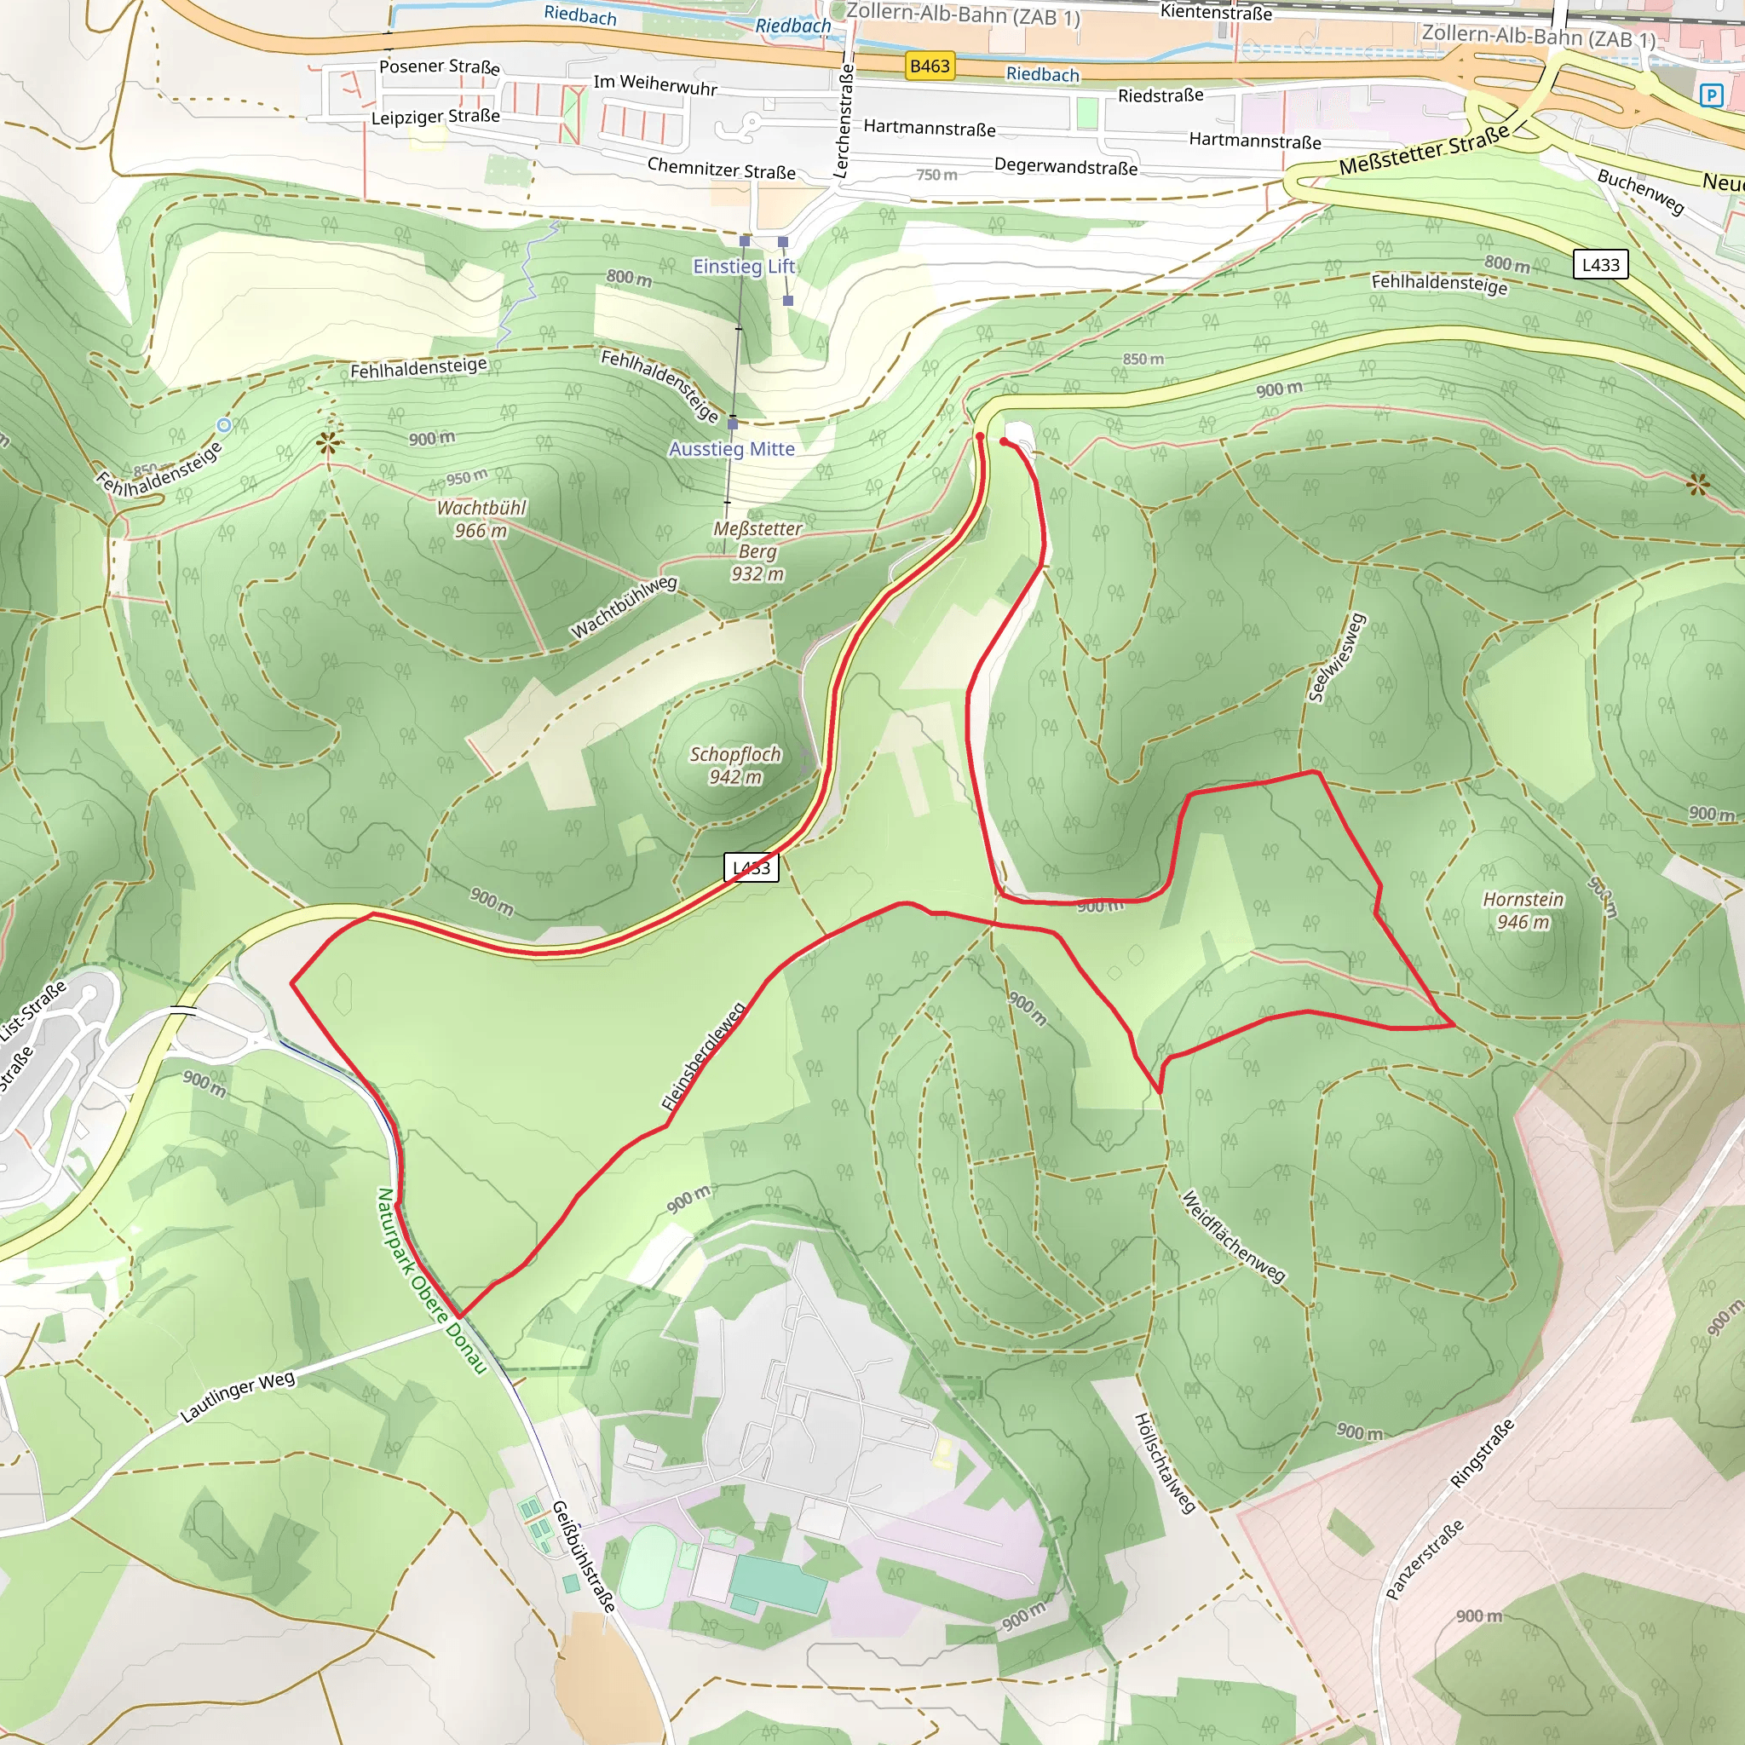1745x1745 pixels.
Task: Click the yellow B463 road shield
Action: [x=930, y=66]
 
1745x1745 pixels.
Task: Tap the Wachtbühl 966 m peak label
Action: [x=481, y=520]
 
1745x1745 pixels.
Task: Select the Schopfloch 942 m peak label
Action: [x=735, y=765]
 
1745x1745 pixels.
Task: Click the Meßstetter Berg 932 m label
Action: [x=757, y=551]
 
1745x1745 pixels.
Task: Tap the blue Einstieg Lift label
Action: [x=743, y=267]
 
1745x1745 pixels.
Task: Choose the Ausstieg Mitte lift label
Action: [x=732, y=449]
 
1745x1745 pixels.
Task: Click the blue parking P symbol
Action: [x=1711, y=95]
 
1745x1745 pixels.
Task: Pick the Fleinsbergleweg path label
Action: [x=703, y=1055]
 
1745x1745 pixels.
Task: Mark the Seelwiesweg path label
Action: [x=1337, y=658]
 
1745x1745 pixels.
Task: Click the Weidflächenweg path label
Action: [x=1233, y=1237]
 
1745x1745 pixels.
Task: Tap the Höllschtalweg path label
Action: [x=1164, y=1462]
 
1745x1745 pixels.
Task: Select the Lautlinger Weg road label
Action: [x=238, y=1397]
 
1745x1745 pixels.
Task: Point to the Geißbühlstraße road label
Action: [x=584, y=1555]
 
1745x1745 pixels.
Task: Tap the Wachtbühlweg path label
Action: [x=623, y=607]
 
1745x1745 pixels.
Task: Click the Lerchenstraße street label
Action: [x=843, y=120]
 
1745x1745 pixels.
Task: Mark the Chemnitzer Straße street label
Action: [x=721, y=169]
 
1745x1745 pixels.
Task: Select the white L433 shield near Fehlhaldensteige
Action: [x=1600, y=265]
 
